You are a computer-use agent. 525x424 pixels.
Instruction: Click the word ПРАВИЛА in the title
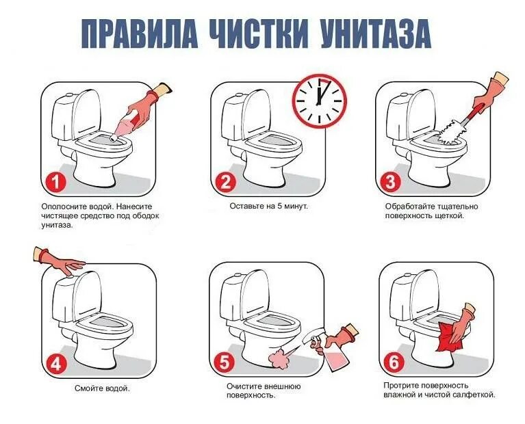(139, 34)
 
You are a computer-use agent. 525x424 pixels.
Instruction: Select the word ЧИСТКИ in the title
(258, 34)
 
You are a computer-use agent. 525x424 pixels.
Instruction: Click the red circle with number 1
(55, 183)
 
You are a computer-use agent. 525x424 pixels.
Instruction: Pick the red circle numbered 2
(225, 183)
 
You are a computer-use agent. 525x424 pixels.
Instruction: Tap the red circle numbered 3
(391, 183)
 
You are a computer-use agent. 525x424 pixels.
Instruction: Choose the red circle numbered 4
(56, 364)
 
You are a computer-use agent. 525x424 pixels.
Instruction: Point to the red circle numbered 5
(225, 363)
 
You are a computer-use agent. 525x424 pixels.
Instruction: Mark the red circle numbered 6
(394, 363)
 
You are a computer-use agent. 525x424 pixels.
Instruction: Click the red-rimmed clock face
(319, 101)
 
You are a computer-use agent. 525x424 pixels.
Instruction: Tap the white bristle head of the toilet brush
(448, 135)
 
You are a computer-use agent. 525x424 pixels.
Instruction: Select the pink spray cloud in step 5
(279, 358)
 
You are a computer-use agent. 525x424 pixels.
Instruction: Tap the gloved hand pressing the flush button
(60, 261)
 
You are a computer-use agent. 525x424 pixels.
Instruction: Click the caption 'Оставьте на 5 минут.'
(268, 206)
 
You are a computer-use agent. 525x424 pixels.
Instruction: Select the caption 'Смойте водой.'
(102, 388)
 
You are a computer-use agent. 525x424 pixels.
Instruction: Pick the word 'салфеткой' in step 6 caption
(474, 395)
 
